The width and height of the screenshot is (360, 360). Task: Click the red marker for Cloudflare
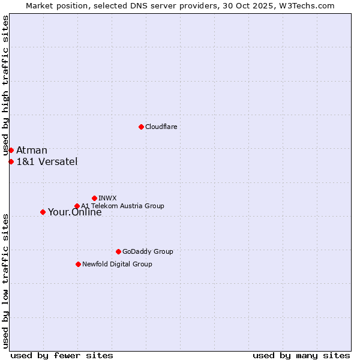tap(141, 127)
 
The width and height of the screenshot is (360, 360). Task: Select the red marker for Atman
tap(11, 150)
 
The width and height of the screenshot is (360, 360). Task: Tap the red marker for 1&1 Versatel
tap(11, 161)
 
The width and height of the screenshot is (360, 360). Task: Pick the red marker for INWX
tap(94, 198)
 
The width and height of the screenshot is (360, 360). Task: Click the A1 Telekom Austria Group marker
tap(77, 206)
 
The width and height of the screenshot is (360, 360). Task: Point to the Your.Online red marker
tap(43, 212)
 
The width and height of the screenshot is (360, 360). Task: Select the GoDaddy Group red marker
tap(118, 251)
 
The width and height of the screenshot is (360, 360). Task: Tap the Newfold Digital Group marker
tap(78, 264)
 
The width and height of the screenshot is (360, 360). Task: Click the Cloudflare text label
tap(161, 127)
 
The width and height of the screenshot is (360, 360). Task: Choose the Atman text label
tap(32, 150)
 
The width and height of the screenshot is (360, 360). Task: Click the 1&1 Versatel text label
tap(47, 161)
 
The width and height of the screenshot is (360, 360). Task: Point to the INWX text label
tap(107, 198)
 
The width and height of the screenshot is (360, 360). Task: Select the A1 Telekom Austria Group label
tap(122, 206)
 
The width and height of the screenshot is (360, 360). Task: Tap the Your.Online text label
tap(74, 212)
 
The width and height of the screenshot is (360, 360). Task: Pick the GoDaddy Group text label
tap(148, 251)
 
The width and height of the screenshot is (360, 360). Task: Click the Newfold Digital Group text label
tap(117, 264)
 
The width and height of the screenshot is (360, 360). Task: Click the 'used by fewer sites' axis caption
tap(62, 355)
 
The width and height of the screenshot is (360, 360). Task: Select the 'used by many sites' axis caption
tap(301, 355)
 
